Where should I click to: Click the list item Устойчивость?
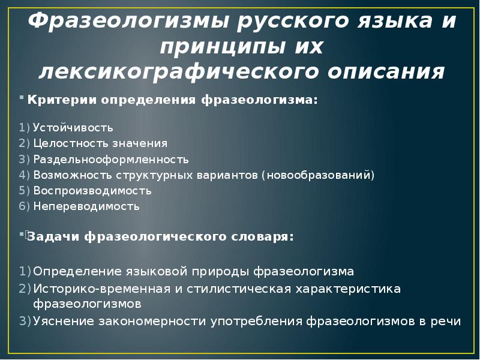tap(73, 128)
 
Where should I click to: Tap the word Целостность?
tap(68, 143)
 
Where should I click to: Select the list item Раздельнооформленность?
tap(111, 160)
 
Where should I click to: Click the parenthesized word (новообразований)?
tap(317, 175)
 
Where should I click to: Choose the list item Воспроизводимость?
tap(92, 191)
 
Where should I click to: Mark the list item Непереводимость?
tap(86, 206)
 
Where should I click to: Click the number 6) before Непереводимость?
tap(24, 206)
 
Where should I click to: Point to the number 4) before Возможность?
tap(24, 175)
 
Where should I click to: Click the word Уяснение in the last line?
tap(62, 320)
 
